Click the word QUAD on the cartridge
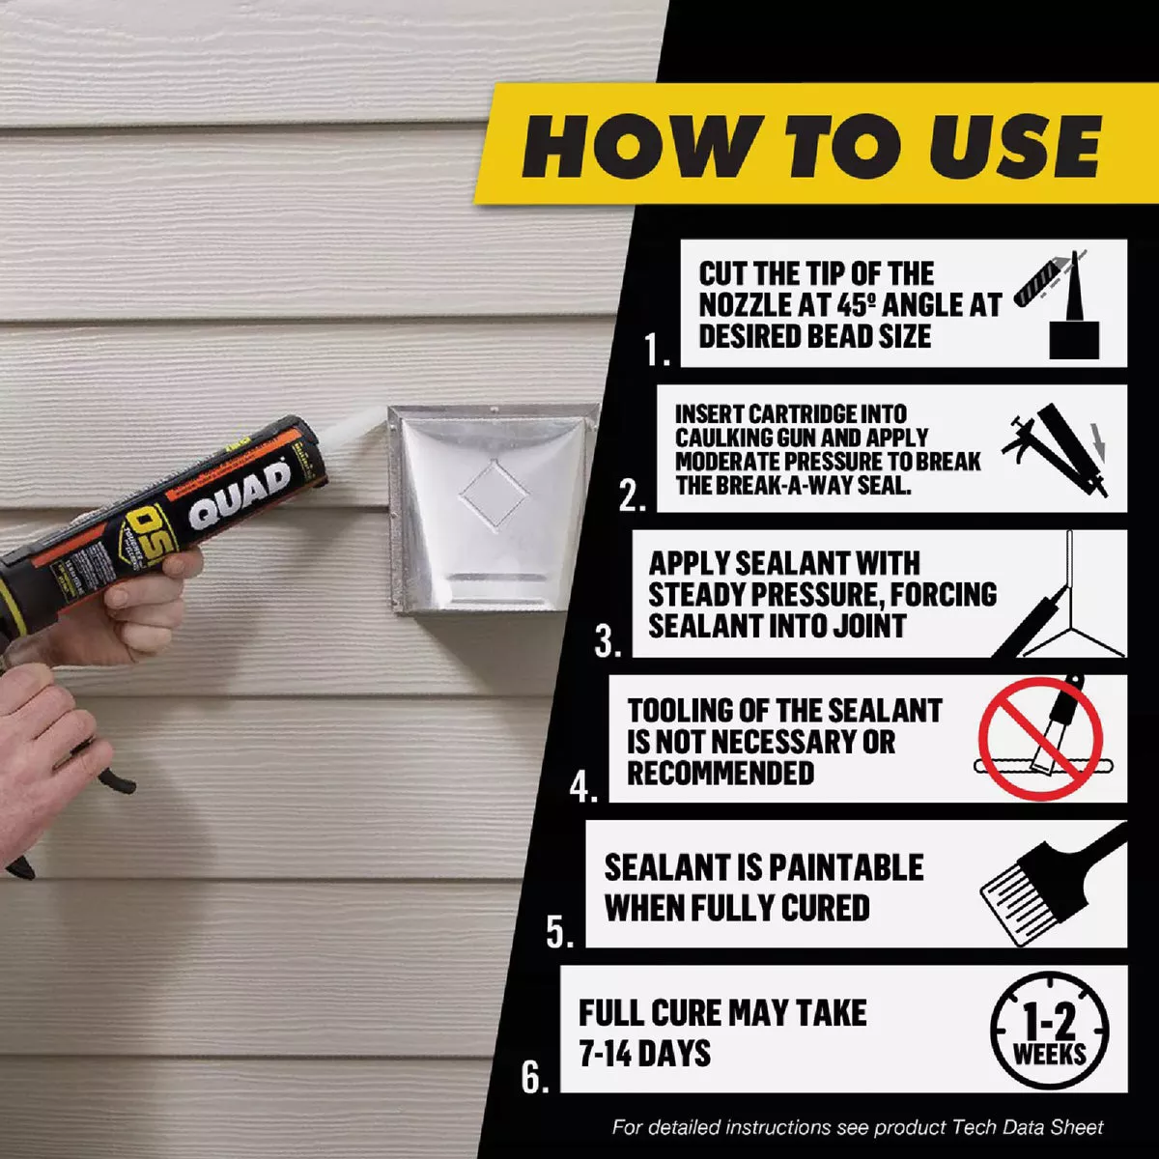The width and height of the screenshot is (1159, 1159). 240,495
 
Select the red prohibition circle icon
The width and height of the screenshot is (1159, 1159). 1040,739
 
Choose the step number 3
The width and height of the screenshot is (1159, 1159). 608,640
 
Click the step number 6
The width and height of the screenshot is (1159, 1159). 535,1077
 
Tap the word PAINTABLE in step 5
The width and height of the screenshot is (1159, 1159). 846,867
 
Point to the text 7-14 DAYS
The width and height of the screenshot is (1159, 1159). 644,1053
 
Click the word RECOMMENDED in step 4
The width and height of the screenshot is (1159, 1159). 721,774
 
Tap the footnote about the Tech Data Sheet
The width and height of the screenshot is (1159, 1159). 857,1127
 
